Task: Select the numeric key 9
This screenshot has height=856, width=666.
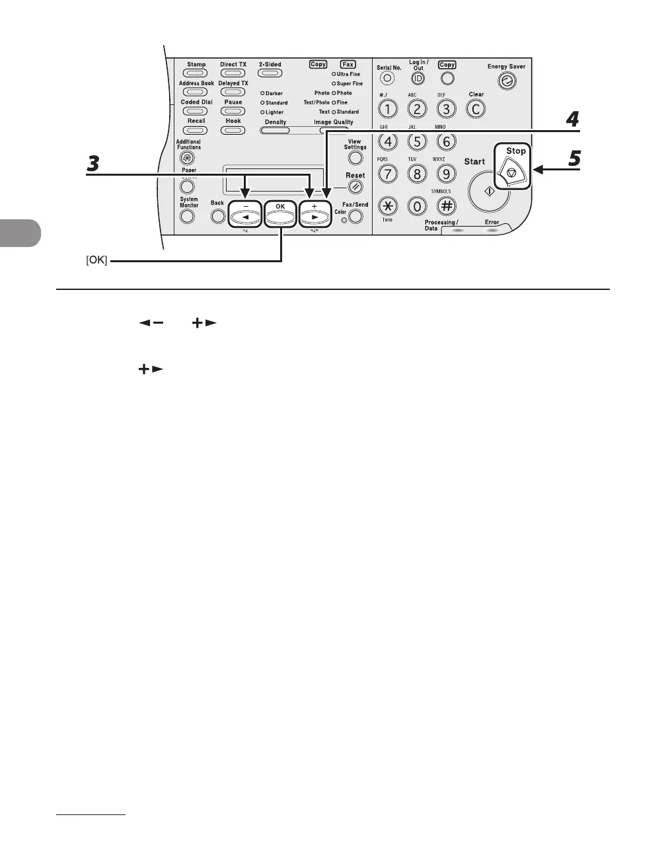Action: [x=447, y=174]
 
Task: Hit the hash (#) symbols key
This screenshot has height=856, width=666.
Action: [x=447, y=206]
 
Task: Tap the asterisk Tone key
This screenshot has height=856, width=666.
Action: [x=388, y=206]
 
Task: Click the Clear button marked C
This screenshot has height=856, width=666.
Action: [x=476, y=109]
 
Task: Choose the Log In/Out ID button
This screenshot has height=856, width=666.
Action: [x=418, y=79]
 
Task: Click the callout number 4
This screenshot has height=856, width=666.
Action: [x=572, y=120]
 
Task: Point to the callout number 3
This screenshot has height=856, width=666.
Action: [x=94, y=163]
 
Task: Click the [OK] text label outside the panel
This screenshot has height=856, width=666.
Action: [x=96, y=261]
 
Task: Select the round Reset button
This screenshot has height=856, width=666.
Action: [x=355, y=188]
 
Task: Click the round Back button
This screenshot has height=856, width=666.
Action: [x=217, y=216]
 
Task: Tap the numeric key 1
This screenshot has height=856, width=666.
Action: [x=388, y=109]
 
